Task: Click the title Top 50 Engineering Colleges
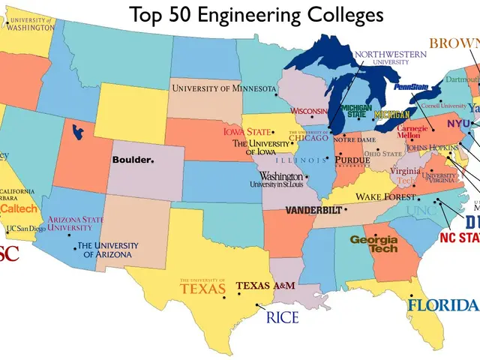(256, 14)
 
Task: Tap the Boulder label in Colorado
(132, 160)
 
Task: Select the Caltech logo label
(18, 207)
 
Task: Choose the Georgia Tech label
(374, 244)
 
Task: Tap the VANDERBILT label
(313, 209)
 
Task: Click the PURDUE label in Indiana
(352, 160)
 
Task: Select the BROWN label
(454, 43)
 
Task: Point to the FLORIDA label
(442, 305)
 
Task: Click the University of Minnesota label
(223, 88)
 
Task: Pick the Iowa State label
(247, 132)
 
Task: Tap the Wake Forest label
(385, 196)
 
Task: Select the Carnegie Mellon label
(412, 133)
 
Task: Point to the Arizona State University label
(76, 223)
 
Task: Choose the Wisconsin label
(310, 112)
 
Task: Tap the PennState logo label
(412, 88)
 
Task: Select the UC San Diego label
(25, 228)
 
